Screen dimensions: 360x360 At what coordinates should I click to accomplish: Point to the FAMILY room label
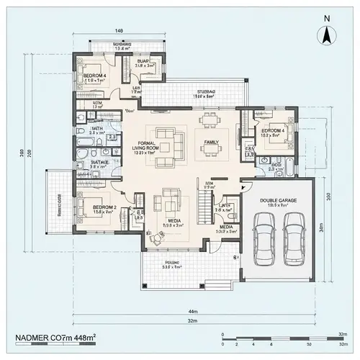click(211, 142)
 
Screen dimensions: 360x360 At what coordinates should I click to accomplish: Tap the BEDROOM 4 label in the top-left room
click(94, 76)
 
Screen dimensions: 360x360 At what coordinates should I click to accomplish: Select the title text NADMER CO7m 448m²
click(57, 338)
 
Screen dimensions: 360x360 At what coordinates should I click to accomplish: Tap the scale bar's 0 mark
click(224, 335)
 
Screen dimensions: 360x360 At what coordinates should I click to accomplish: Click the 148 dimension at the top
click(119, 30)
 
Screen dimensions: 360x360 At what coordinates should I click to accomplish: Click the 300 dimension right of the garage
click(328, 196)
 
